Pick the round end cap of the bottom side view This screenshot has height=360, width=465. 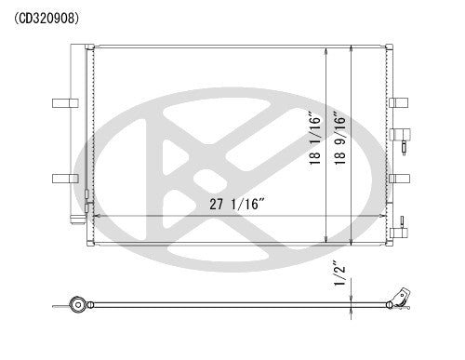click(78, 304)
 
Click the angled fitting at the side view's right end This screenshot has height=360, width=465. click(401, 296)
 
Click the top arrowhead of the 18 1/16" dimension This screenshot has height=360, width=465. click(325, 48)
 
